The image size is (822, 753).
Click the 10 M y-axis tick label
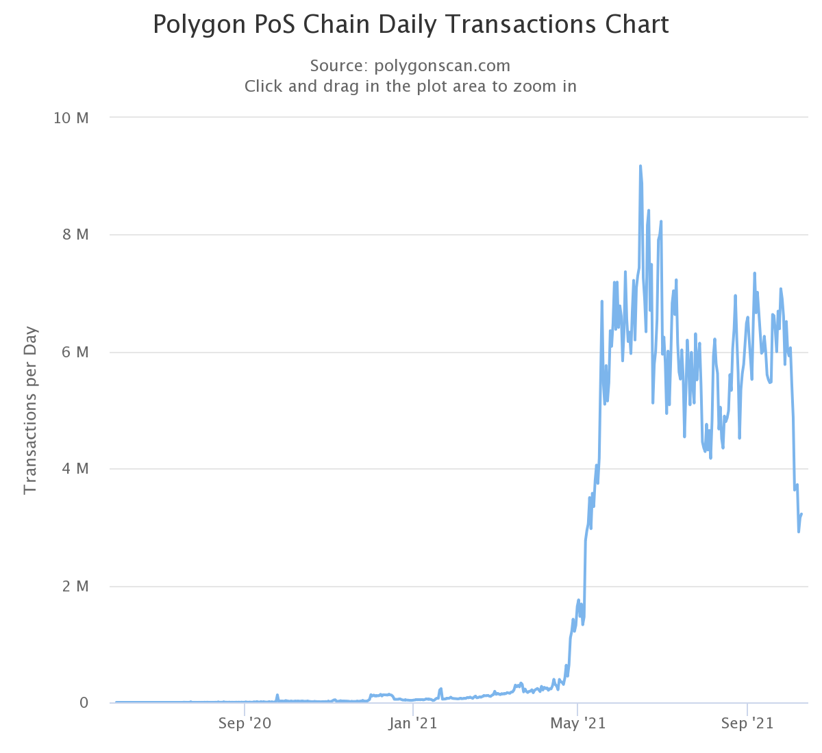71,118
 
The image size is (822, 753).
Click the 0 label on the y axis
84,703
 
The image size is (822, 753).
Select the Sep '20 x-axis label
245,724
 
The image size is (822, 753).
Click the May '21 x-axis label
579,724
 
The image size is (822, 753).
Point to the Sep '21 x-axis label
747,724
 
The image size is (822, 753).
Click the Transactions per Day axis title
30,411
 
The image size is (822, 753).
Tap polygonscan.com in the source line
443,66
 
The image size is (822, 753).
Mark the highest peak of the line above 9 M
640,166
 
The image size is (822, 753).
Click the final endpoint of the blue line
801,514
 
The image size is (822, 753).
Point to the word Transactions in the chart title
521,25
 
